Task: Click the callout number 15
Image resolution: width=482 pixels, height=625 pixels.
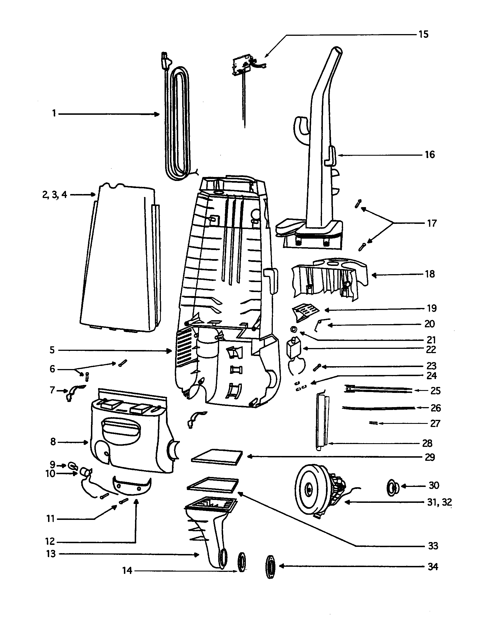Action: (423, 35)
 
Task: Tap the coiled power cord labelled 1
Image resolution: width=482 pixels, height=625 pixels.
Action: (177, 120)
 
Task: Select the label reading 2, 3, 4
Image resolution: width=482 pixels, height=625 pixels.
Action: (54, 195)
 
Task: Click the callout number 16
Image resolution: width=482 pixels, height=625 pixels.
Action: (429, 155)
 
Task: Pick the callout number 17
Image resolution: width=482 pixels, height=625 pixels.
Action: (432, 223)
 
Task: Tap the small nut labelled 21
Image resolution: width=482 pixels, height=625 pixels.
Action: (293, 330)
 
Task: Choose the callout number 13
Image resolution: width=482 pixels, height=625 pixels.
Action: (51, 554)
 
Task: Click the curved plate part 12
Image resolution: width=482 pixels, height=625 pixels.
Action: (132, 486)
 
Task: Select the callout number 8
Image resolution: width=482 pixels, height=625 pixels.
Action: (53, 442)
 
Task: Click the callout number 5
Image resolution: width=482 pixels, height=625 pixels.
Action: (52, 350)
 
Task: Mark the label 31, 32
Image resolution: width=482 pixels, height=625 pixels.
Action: (439, 502)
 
